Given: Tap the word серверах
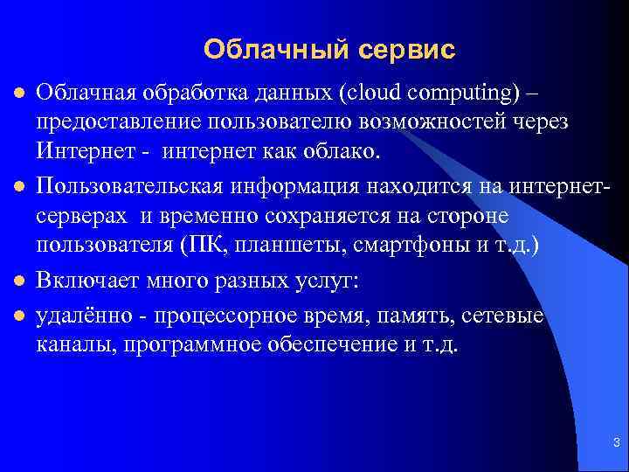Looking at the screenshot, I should point(79,215).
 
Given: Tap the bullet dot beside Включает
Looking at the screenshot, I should point(17,281).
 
